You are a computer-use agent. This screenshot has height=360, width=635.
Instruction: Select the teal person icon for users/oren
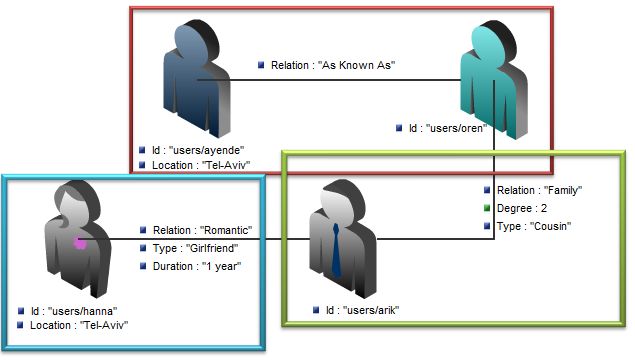click(491, 80)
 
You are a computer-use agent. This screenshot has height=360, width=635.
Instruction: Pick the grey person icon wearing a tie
click(340, 240)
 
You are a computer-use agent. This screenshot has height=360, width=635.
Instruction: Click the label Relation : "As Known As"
click(334, 65)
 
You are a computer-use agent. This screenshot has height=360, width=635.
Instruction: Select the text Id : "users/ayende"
click(195, 149)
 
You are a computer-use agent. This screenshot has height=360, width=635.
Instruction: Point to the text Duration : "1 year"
click(195, 265)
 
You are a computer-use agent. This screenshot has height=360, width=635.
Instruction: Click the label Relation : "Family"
click(539, 190)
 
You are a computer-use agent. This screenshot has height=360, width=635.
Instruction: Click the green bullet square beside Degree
click(487, 208)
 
